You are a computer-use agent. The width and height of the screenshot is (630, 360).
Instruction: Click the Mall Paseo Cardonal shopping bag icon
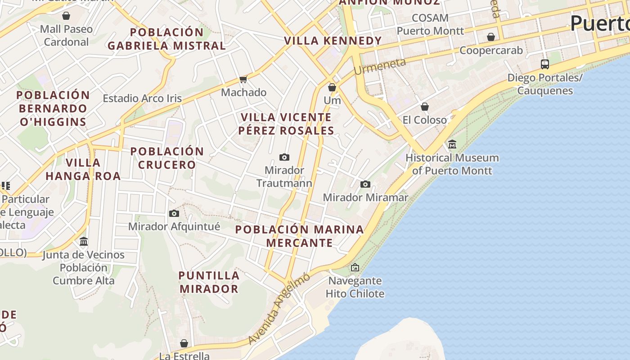coord(66,16)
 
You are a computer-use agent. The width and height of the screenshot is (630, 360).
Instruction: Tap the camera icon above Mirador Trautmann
coord(284,157)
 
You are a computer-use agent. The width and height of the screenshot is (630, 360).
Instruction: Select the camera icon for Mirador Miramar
coord(365,184)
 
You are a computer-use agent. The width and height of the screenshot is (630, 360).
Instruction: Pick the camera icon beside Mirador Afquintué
coord(174,213)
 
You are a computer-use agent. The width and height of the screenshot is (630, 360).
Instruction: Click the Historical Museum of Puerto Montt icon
coord(452,144)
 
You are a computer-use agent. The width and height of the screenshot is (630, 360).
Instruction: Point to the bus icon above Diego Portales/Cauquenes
coord(544,64)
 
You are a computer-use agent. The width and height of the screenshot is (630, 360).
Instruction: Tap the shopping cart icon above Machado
coord(243,80)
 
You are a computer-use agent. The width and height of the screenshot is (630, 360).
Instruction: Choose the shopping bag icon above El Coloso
coord(424,107)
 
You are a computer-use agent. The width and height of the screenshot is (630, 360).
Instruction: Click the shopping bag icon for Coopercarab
coord(491,37)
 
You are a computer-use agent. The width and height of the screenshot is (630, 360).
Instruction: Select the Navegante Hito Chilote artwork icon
coord(355,267)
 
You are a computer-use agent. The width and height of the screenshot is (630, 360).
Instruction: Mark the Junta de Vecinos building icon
coord(83,242)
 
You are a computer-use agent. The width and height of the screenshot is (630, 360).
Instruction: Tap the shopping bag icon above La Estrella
coord(184,343)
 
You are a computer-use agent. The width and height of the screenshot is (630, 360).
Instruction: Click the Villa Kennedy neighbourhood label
coord(333,40)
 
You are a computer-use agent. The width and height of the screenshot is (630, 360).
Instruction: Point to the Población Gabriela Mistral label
coord(166,39)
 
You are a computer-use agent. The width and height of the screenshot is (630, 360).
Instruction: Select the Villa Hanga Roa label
coord(83,169)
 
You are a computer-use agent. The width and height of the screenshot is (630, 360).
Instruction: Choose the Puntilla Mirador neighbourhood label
coord(209,282)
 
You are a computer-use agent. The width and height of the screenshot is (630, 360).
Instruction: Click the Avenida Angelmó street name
coord(279,309)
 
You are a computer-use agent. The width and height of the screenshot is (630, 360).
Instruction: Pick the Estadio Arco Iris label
coord(142,98)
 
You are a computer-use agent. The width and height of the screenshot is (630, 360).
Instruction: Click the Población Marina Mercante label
coord(299,236)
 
